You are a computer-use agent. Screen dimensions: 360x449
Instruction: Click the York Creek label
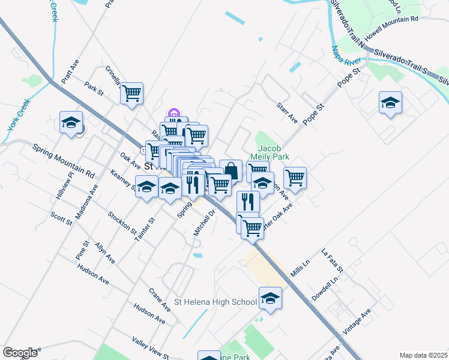click(19, 117)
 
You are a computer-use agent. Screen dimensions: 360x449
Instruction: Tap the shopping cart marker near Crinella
click(131, 94)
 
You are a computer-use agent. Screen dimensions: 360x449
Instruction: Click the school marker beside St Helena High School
click(270, 299)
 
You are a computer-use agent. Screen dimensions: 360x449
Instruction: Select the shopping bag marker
click(231, 171)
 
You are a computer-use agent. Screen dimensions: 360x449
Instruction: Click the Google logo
click(20, 353)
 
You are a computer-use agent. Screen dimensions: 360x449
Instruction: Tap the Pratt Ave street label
click(70, 71)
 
